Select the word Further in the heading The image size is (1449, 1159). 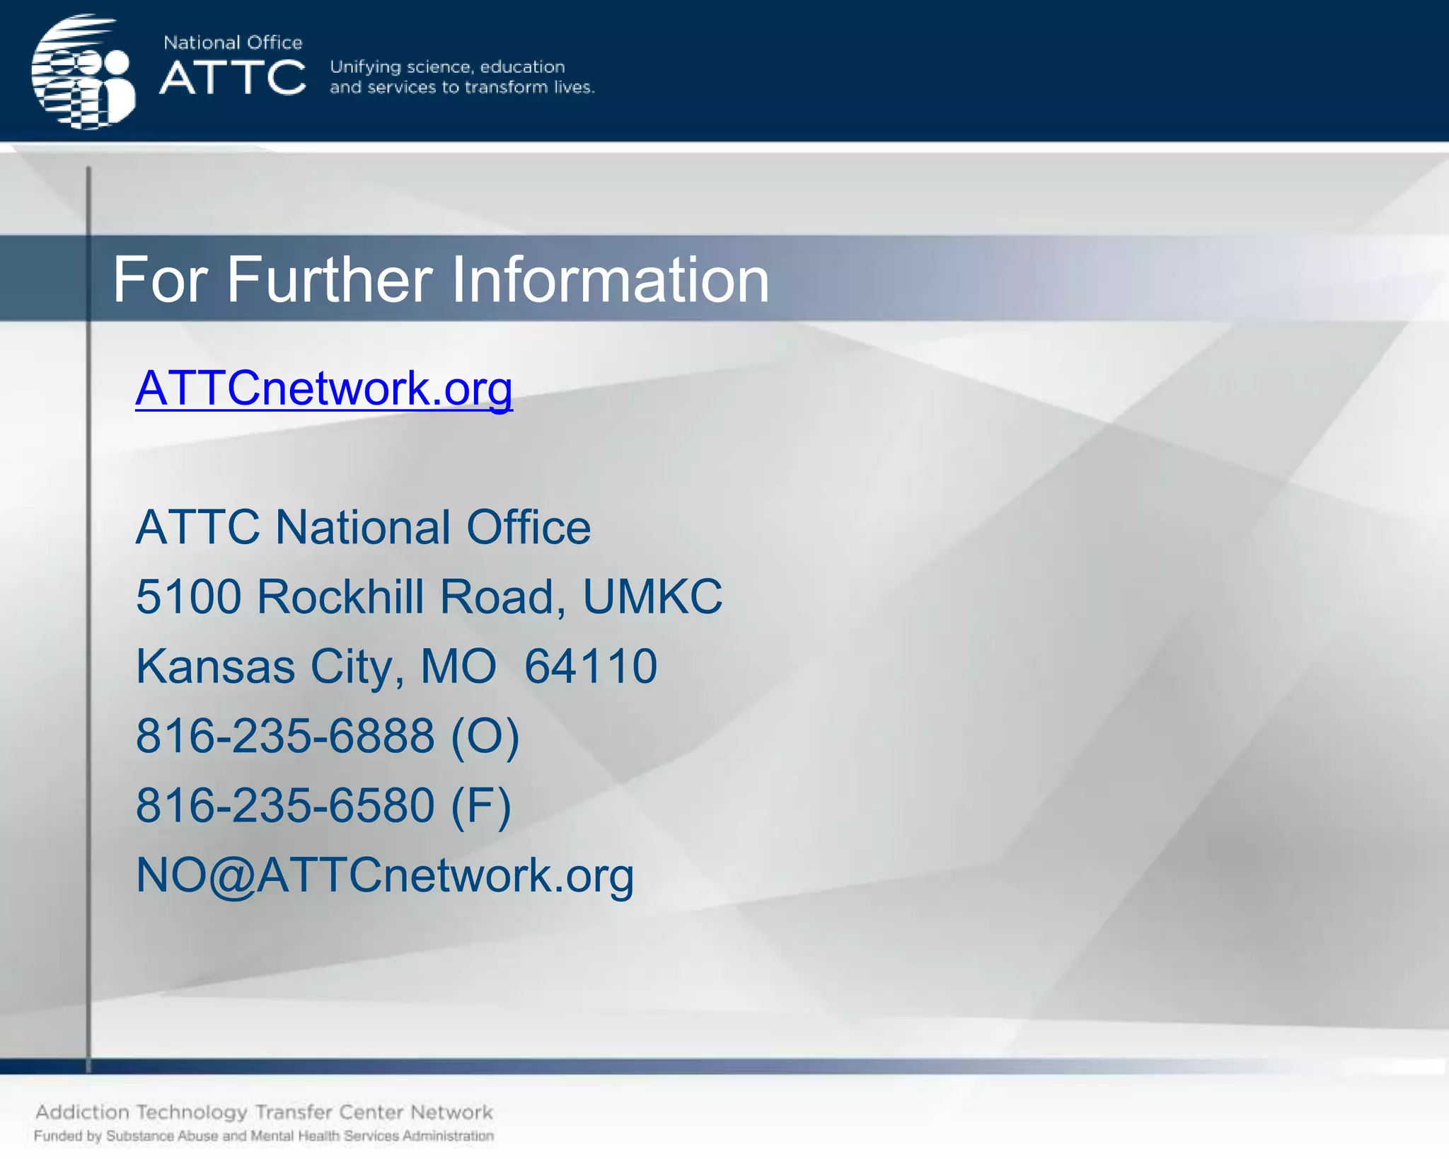point(330,280)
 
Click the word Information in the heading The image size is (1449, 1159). point(610,280)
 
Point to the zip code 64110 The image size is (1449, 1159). point(591,667)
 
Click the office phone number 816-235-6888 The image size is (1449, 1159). point(285,736)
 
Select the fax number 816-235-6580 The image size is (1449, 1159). point(285,805)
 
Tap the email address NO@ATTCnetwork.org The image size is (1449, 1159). point(384,875)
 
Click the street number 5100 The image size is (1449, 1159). point(188,596)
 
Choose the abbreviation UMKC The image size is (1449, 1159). point(652,596)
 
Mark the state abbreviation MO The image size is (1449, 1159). point(458,667)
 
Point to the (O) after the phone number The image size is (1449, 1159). point(485,736)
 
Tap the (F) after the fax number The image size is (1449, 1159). point(481,805)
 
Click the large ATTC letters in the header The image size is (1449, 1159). point(233,77)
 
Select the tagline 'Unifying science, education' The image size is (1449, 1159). point(447,67)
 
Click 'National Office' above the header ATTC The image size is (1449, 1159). point(233,42)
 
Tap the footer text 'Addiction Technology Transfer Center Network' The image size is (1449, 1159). point(264,1112)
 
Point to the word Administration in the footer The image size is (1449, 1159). point(448,1136)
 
